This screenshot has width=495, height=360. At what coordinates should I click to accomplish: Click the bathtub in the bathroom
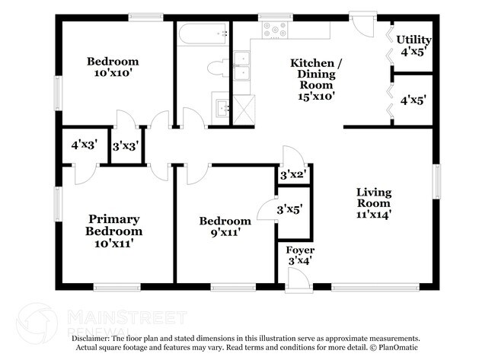(203, 33)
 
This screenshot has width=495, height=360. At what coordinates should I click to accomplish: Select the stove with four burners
(275, 30)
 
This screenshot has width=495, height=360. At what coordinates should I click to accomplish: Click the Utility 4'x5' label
(414, 46)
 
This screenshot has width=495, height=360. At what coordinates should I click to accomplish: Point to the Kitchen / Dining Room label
(316, 79)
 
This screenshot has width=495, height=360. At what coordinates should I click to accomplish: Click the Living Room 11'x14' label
(374, 203)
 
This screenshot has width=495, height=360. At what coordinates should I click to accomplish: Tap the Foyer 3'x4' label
(300, 256)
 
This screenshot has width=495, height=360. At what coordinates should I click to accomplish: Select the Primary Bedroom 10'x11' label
(113, 231)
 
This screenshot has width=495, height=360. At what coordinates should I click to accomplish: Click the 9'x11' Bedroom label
(225, 227)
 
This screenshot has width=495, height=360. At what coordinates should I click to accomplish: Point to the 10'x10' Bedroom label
(113, 67)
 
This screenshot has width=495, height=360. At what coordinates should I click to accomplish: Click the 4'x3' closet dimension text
(85, 145)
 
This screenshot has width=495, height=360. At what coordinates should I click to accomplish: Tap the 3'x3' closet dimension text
(126, 146)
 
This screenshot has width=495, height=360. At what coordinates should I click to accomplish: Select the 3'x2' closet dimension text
(294, 174)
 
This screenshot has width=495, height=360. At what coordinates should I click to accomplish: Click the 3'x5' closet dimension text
(290, 209)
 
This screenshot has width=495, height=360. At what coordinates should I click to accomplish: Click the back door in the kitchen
(362, 24)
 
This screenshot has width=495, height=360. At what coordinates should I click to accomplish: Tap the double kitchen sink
(242, 65)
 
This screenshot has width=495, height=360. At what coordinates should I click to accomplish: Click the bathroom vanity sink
(223, 109)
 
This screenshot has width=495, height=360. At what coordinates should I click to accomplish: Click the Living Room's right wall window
(436, 181)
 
